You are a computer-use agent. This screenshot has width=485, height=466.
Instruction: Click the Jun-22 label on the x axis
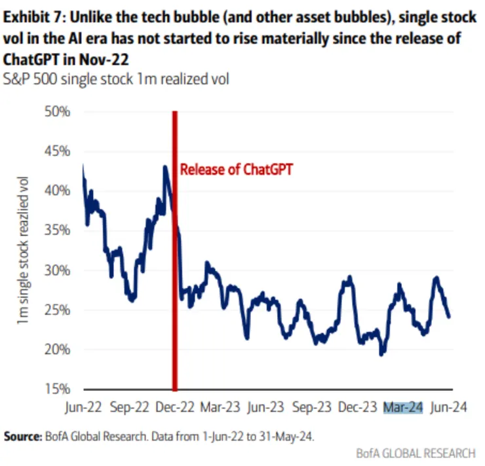83,406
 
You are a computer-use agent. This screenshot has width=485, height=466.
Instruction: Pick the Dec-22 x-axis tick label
174,406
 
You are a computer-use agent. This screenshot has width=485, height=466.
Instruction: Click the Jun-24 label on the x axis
448,406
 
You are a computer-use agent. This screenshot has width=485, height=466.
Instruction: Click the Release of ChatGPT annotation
236,170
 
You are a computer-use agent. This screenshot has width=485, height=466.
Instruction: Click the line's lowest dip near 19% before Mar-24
382,353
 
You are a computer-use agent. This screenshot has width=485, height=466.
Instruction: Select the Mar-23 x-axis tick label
220,406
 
